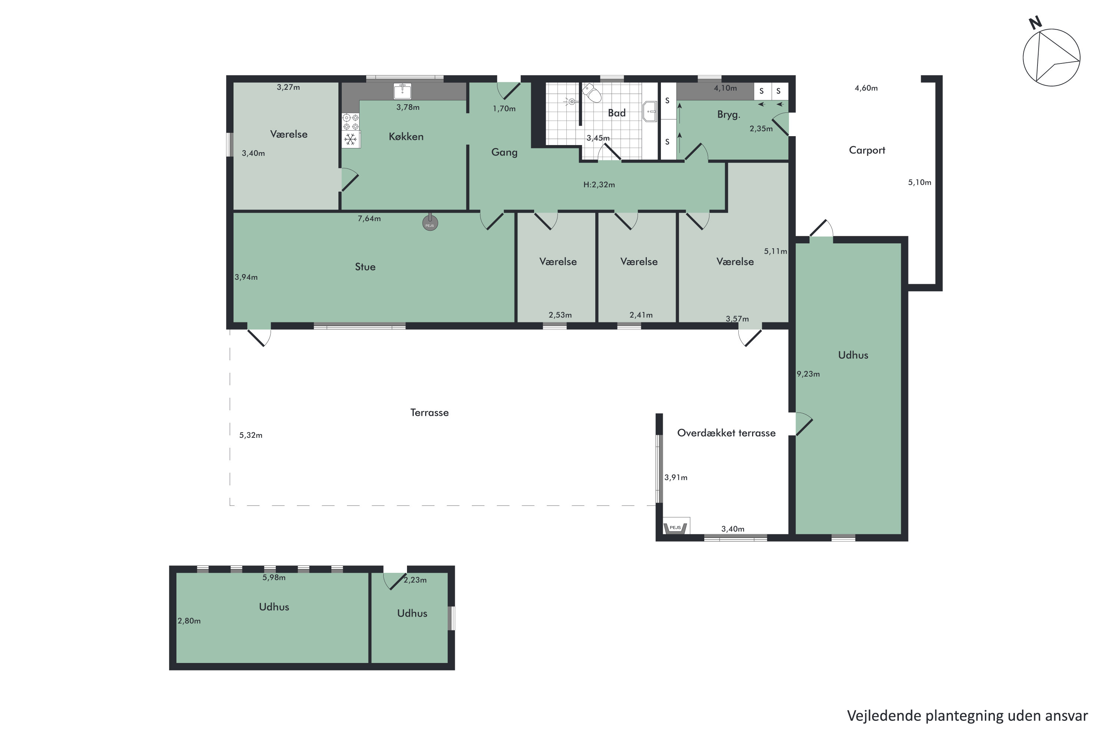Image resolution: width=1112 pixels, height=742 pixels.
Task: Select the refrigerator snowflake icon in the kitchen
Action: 350,139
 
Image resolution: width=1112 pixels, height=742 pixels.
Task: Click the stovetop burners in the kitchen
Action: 350,122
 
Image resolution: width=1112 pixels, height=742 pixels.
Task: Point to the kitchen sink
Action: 402,91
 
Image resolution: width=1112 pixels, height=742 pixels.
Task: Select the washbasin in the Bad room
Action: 650,112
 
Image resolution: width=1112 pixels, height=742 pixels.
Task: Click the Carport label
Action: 867,151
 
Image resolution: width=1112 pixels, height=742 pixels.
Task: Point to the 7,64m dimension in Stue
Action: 369,219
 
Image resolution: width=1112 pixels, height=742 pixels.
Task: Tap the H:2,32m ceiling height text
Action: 599,184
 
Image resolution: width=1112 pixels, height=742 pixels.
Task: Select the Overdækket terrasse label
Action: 726,433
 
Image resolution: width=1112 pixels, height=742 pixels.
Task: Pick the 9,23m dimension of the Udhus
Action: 808,374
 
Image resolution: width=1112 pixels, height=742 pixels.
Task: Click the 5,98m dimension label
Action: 274,577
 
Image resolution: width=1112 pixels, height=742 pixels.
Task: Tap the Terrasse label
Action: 429,413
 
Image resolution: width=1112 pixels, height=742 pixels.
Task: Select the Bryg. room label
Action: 728,115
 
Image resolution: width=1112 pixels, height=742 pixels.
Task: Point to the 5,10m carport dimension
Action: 919,183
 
